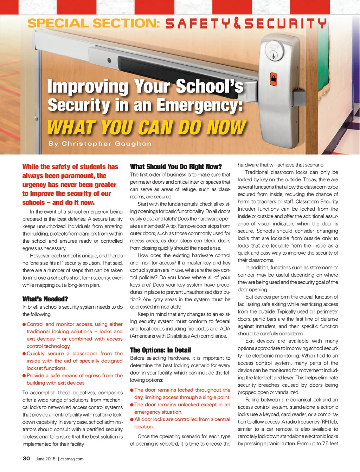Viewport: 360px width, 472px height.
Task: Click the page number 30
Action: pyautogui.click(x=26, y=458)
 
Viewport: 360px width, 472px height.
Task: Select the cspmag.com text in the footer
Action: pyautogui.click(x=72, y=459)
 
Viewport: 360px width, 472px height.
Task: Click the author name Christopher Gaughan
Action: pyautogui.click(x=107, y=144)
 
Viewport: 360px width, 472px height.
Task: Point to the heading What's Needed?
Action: pyautogui.click(x=45, y=299)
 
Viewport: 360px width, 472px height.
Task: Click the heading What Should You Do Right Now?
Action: pyautogui.click(x=176, y=166)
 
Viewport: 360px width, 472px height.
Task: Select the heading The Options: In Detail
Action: pyautogui.click(x=160, y=350)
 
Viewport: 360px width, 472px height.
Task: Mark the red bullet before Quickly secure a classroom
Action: pyautogui.click(x=24, y=354)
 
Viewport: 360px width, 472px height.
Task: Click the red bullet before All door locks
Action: pyautogui.click(x=132, y=419)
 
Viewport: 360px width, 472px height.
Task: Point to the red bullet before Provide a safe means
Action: pyautogui.click(x=24, y=376)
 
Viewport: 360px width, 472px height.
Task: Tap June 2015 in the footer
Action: pyautogui.click(x=45, y=459)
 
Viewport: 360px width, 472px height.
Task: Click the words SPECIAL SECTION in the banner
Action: pyautogui.click(x=94, y=24)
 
